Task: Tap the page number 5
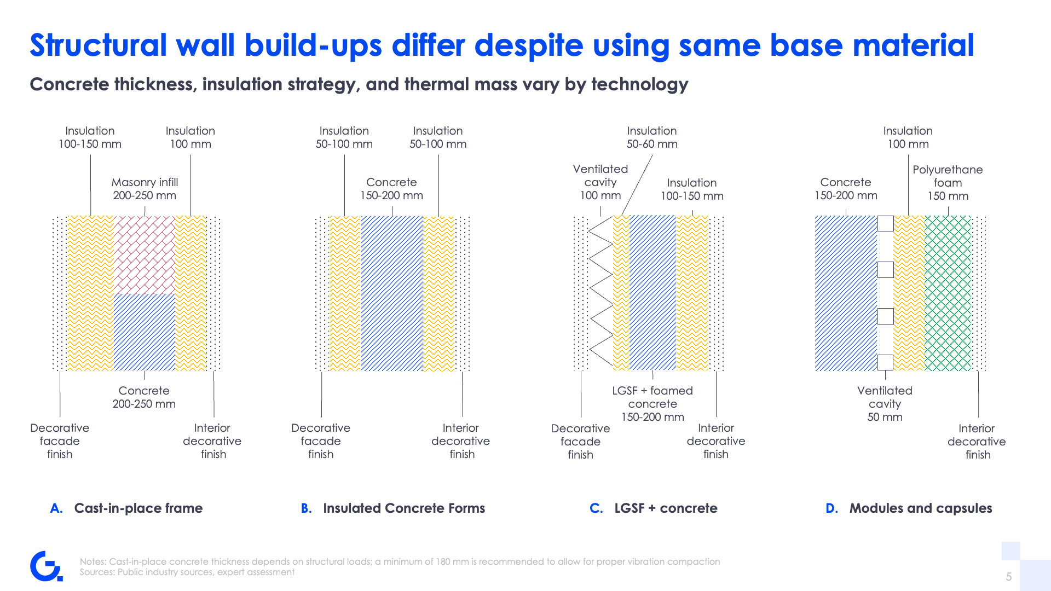(1009, 577)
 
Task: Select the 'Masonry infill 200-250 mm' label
(145, 189)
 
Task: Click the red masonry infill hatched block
(144, 255)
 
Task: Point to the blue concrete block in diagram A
(144, 332)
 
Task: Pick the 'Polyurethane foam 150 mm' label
(948, 183)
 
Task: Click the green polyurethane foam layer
(948, 293)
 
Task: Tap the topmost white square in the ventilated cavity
(885, 223)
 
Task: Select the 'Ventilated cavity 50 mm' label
(885, 404)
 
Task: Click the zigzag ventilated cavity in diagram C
(600, 291)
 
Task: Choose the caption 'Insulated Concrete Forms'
(404, 508)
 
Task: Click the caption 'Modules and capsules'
(921, 508)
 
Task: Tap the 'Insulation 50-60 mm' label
(652, 137)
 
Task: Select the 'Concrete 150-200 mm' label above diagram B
(391, 189)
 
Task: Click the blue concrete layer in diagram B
(392, 293)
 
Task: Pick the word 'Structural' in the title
(99, 45)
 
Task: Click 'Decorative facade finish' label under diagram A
(60, 441)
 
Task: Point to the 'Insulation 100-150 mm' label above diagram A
(90, 137)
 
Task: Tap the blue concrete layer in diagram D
(846, 293)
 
